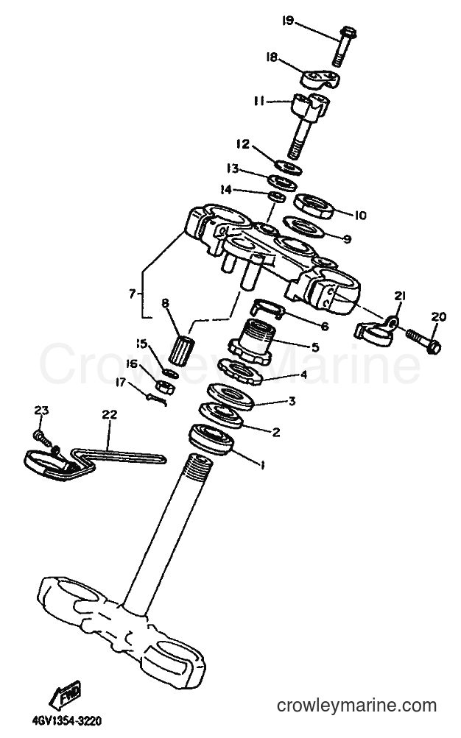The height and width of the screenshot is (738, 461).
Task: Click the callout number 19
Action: pos(288,21)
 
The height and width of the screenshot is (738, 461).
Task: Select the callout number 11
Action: pos(259,102)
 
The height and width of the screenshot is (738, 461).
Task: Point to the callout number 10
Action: pos(360,216)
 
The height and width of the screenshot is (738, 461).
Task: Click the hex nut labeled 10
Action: pos(314,206)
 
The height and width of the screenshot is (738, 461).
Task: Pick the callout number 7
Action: pos(133,294)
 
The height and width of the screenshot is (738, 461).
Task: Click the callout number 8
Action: pos(165,304)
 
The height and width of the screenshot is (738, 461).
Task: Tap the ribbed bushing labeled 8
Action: pos(181,350)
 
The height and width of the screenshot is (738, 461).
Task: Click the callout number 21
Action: pos(401,296)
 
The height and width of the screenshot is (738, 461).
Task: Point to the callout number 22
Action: pos(110,415)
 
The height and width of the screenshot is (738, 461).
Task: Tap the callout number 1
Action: pos(263,465)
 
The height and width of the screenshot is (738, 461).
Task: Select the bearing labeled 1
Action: pos(211,439)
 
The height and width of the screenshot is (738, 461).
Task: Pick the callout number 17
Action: pos(121,383)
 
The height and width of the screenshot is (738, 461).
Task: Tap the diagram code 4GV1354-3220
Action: pos(67,720)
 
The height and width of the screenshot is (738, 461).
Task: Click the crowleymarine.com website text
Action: pos(356,706)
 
